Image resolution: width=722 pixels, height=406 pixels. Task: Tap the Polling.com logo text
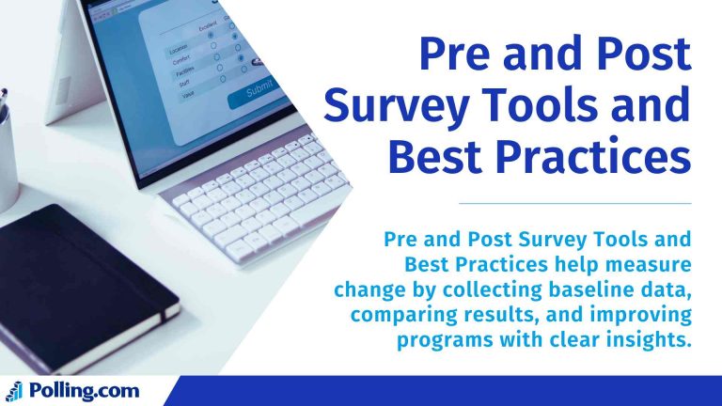(x=85, y=391)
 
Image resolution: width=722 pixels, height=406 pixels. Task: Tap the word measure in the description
(x=648, y=266)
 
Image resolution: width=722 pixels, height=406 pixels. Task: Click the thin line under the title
(x=574, y=203)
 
